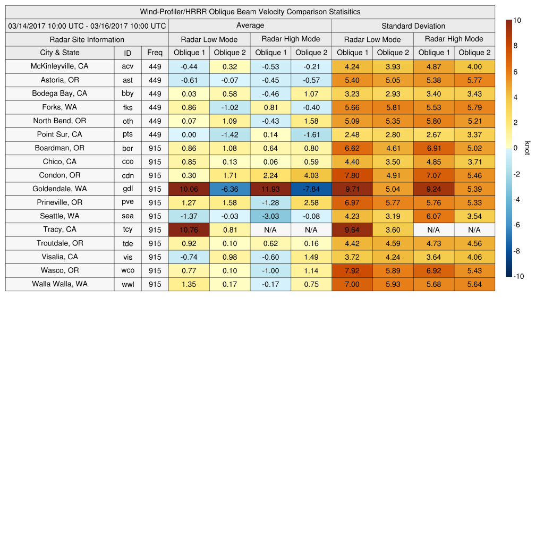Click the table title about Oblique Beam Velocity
250,12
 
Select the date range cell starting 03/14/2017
87,25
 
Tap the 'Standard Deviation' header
413,26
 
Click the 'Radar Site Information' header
87,39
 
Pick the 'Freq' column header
155,53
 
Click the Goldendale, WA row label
59,189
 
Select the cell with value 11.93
270,189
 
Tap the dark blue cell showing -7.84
311,189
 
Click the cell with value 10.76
189,229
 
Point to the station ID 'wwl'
127,284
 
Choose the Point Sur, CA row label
59,134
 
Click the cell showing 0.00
189,134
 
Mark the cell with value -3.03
270,216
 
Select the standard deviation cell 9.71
352,189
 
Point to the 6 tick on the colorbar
515,72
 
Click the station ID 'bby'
127,93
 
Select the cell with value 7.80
352,175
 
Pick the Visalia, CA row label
59,257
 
